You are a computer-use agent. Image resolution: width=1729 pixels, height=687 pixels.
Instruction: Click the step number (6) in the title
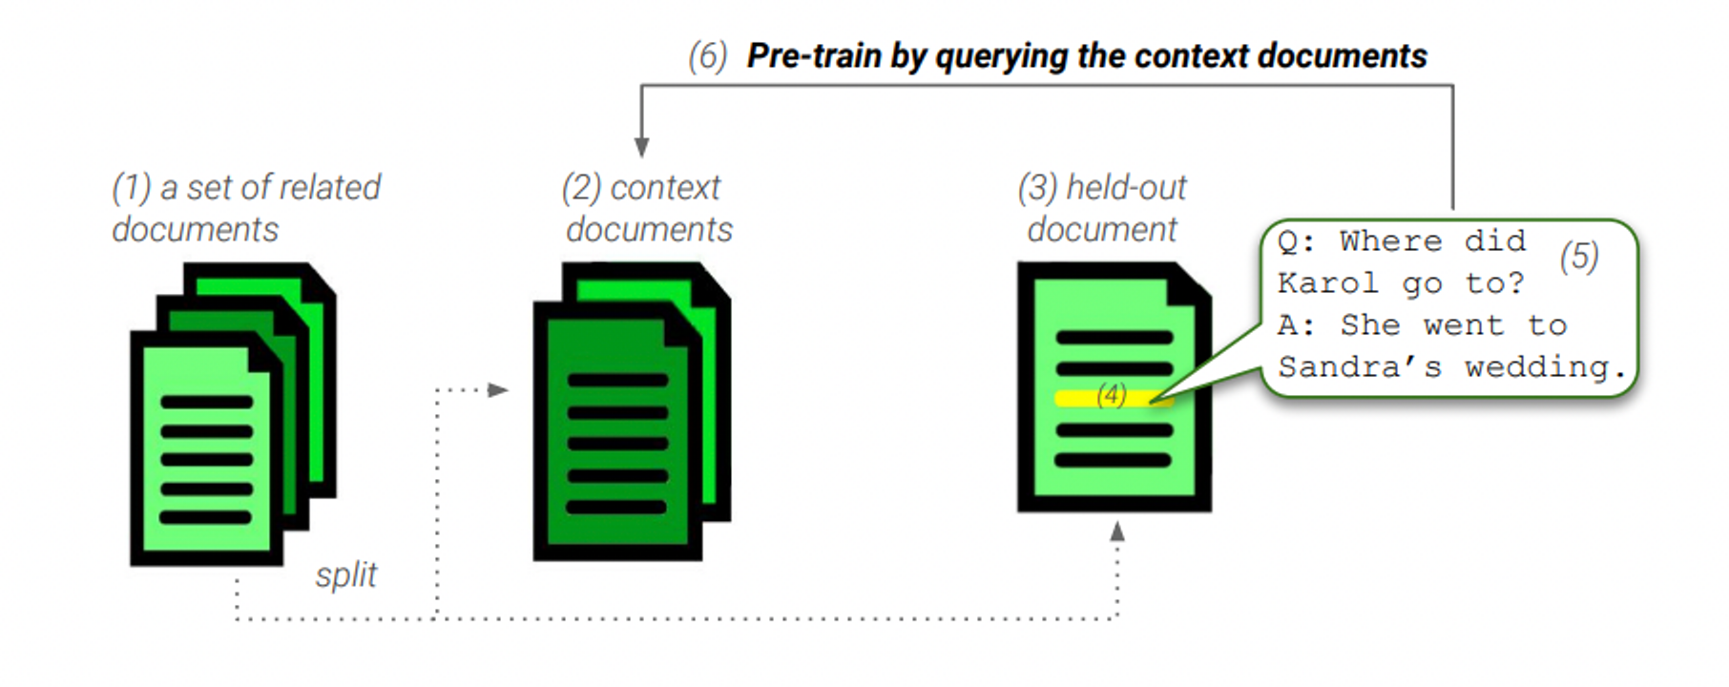[707, 56]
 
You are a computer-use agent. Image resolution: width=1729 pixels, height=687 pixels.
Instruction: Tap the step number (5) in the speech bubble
[1579, 257]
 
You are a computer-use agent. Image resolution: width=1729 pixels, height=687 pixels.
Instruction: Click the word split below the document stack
[346, 575]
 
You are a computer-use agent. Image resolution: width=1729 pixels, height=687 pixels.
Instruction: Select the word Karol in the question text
[1328, 283]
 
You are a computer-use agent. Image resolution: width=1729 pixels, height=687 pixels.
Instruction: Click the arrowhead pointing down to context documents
[642, 147]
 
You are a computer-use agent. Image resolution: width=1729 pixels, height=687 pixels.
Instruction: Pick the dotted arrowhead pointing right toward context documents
[498, 389]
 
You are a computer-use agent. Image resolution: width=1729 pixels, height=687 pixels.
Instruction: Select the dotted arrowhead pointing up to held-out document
[1117, 531]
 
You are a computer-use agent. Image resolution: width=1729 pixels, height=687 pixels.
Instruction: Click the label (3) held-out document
[1102, 208]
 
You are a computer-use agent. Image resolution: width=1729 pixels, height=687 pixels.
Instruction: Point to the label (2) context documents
[648, 208]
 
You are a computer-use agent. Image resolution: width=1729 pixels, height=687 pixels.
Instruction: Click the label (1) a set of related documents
[246, 208]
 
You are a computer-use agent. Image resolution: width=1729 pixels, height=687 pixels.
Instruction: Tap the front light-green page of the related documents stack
[206, 448]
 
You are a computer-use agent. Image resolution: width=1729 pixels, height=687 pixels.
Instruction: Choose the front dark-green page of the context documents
[617, 430]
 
